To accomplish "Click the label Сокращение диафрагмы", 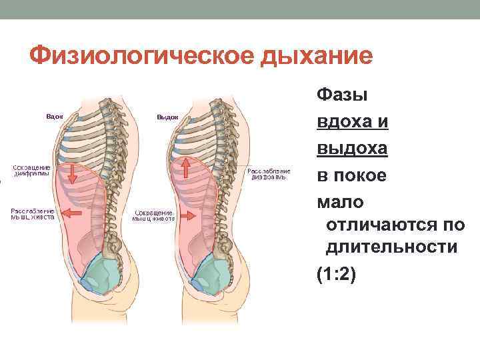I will (x=29, y=170).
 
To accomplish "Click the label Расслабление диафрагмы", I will (x=269, y=175).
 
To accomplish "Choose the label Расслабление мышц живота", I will (x=31, y=213).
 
